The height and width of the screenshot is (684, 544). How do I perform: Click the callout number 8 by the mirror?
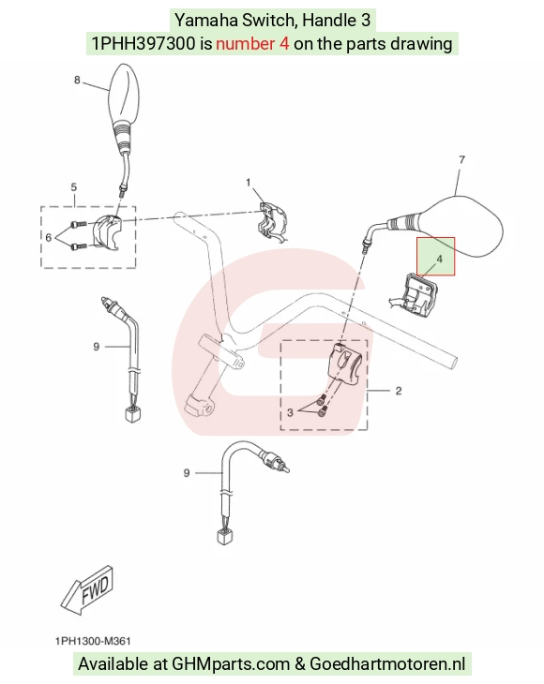77,81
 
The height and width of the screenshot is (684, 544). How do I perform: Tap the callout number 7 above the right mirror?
461,160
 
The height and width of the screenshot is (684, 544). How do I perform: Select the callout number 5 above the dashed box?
74,187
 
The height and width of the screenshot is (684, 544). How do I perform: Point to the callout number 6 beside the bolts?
48,237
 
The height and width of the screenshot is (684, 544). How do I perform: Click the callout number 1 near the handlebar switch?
249,183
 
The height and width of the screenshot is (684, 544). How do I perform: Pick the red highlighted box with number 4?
436,257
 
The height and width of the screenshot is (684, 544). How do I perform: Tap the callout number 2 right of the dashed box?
399,391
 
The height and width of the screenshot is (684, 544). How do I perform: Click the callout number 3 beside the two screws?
290,412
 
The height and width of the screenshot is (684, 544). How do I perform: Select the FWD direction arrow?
87,589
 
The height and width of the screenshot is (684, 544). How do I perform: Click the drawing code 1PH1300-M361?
93,641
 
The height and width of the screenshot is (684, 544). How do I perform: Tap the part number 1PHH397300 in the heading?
144,44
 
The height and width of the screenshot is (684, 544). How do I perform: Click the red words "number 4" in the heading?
252,44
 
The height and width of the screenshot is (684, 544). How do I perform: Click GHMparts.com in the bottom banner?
231,664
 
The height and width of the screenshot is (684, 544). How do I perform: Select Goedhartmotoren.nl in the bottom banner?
387,664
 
